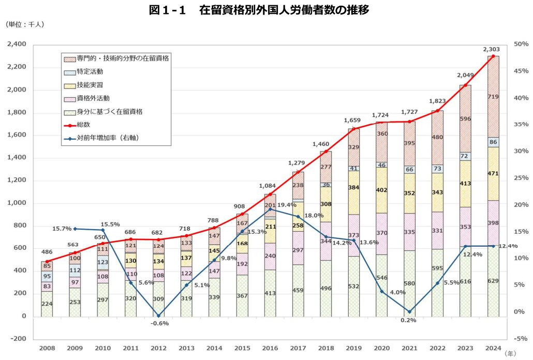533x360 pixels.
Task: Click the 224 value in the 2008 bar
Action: click(x=48, y=304)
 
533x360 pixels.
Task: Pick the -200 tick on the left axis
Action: click(x=19, y=339)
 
